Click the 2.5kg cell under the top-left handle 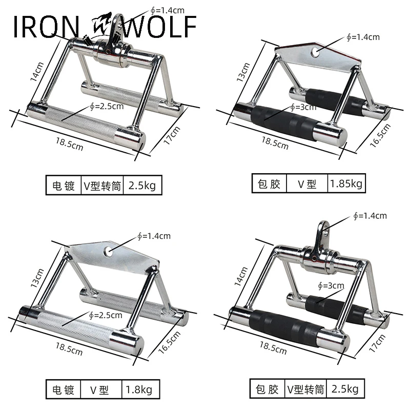[142, 186]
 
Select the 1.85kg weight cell [346, 183]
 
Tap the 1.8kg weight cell [140, 389]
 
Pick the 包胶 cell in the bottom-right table [267, 389]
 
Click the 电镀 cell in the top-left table [64, 186]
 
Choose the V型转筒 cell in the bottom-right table [305, 389]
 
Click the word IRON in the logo [46, 27]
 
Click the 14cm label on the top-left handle [37, 71]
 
